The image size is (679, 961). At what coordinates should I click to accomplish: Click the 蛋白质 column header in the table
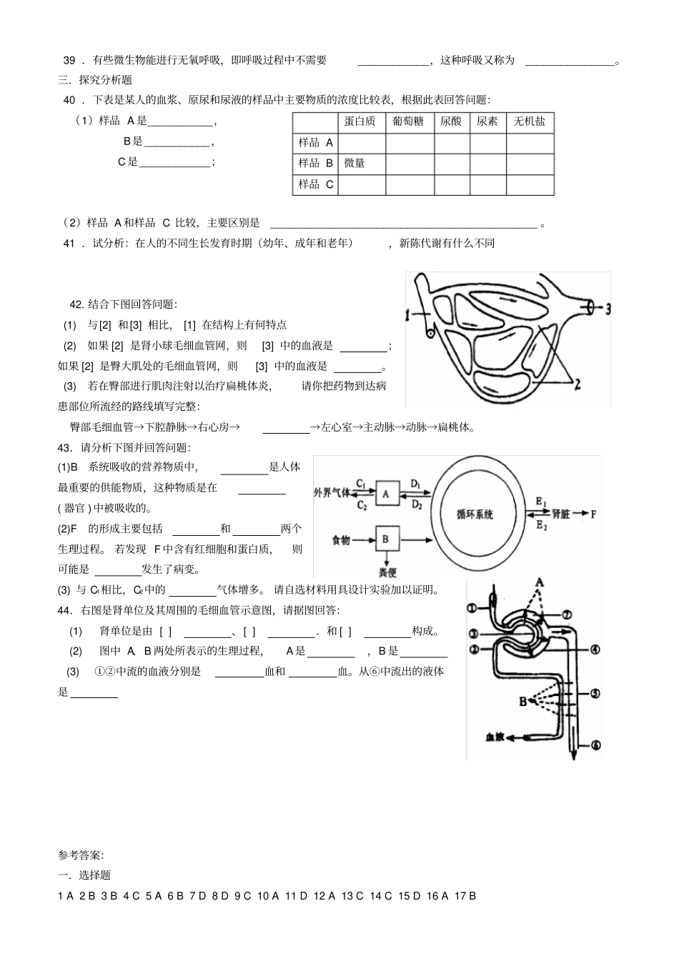360,122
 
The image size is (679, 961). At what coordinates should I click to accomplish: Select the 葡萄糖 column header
408,122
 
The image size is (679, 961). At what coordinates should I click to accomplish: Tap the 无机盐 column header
530,122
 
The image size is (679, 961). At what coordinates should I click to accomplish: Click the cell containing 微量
355,164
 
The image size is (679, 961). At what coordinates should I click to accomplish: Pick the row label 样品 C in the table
316,184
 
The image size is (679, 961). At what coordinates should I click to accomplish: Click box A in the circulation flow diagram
385,493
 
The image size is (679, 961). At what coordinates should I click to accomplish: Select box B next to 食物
385,539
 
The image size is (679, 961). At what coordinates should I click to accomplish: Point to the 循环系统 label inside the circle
475,514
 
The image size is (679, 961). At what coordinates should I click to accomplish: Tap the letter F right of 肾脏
593,514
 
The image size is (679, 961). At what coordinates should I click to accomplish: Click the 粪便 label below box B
387,572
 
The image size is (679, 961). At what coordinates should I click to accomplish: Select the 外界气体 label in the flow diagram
332,493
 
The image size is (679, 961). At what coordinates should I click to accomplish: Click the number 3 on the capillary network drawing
608,309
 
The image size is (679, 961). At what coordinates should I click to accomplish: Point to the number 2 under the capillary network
576,385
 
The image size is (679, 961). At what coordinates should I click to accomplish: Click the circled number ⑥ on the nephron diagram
595,745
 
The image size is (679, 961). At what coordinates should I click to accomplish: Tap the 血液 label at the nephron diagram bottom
495,737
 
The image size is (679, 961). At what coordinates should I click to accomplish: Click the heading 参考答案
81,855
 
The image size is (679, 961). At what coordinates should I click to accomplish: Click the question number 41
69,244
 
